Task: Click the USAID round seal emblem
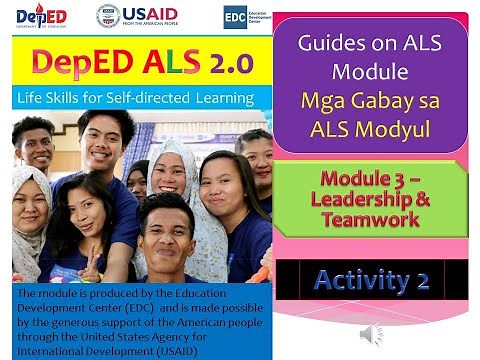(x=108, y=16)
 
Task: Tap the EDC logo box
(x=236, y=16)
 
